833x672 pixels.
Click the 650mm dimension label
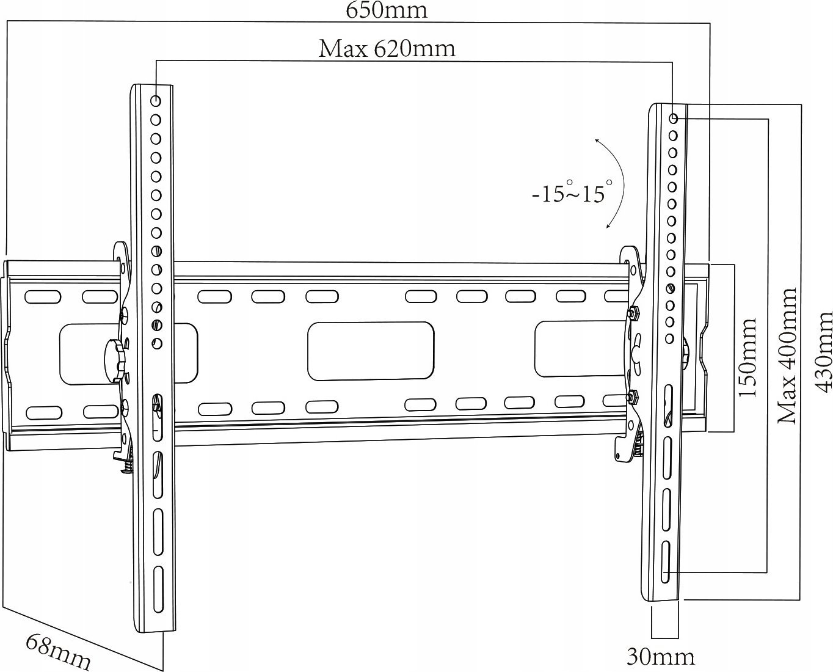click(387, 10)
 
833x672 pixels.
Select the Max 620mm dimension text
click(387, 49)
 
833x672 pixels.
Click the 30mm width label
click(660, 657)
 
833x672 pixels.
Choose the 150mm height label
click(747, 357)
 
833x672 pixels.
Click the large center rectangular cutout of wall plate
click(371, 351)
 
